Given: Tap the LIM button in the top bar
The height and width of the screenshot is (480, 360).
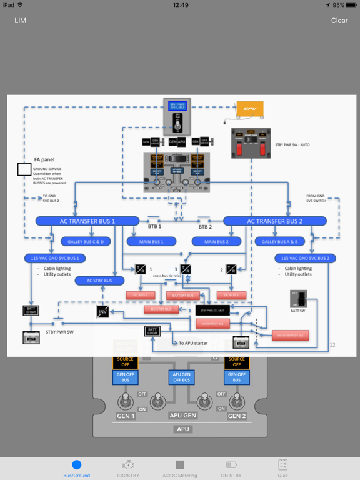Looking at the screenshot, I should tap(21, 21).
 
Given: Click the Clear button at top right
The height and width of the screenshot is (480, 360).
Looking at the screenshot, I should tap(339, 21).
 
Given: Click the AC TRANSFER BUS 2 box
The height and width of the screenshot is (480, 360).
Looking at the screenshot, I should tap(275, 221).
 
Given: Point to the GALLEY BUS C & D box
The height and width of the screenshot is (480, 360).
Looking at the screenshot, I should tap(86, 241).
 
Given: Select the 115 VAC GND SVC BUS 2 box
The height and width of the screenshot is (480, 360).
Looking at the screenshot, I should tap(306, 258).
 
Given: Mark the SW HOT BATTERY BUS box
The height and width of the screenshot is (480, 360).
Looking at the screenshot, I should tap(291, 336).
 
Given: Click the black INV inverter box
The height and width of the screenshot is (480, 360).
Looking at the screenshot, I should tap(103, 311).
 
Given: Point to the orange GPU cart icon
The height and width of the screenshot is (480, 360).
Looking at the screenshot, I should tap(250, 109).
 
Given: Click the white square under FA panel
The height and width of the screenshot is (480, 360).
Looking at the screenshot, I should tap(24, 169).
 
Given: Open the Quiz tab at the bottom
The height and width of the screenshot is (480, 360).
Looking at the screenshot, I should tap(282, 468).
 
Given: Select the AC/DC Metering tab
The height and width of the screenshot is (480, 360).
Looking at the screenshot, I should tap(179, 468).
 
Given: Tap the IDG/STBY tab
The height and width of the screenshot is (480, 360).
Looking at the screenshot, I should tap(128, 468).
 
